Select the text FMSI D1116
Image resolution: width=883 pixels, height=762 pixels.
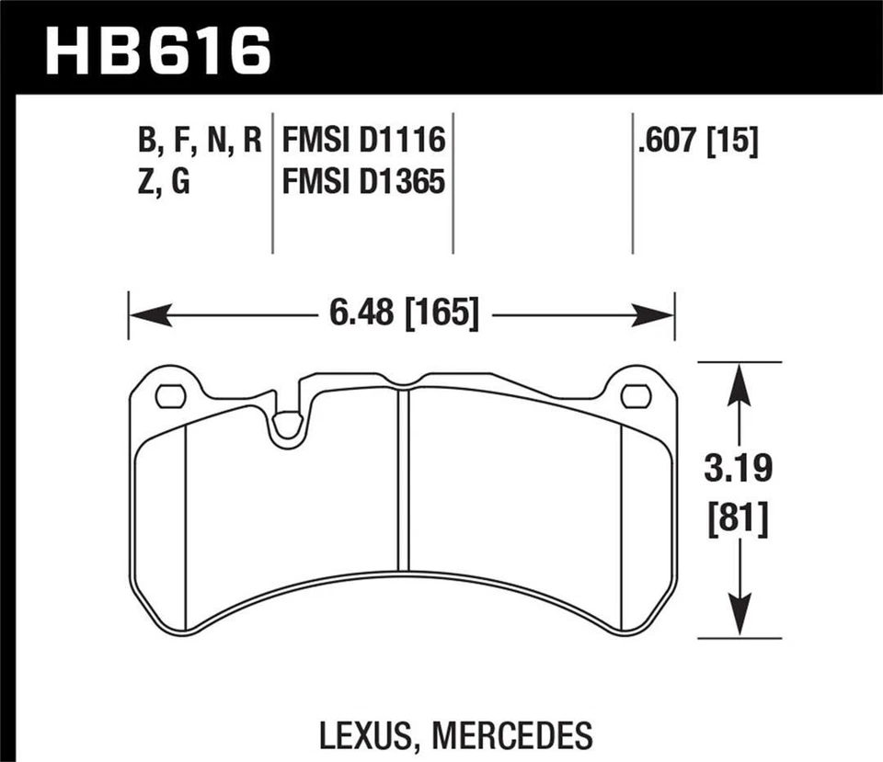click(364, 141)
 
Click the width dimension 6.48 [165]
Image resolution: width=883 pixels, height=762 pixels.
click(401, 315)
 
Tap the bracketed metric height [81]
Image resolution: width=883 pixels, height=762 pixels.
click(735, 521)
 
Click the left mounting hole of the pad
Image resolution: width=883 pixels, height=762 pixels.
click(170, 396)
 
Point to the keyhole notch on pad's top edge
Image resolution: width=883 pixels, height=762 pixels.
click(288, 423)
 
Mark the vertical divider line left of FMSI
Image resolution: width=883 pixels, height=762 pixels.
click(273, 184)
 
